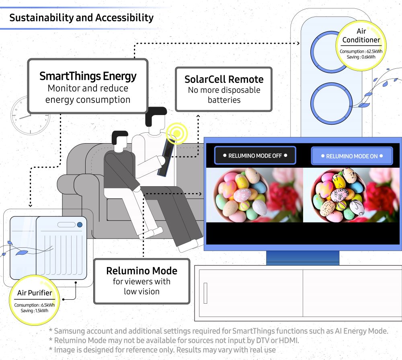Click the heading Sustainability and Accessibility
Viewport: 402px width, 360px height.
(81, 18)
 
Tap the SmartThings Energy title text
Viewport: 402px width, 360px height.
(88, 76)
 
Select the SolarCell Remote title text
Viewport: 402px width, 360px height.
(224, 79)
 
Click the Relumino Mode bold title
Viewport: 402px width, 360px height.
(142, 271)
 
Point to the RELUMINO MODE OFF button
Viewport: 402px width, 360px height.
(255, 156)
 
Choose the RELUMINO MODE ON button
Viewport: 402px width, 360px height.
(352, 156)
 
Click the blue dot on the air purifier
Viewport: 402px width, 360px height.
(80, 224)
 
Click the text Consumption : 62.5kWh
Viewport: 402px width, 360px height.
(361, 51)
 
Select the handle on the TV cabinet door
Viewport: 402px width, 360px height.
(205, 293)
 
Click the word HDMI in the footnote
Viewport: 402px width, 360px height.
(290, 340)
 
